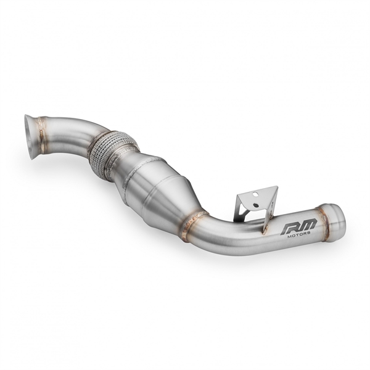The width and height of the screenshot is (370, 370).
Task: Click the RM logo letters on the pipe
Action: point(298,228)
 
